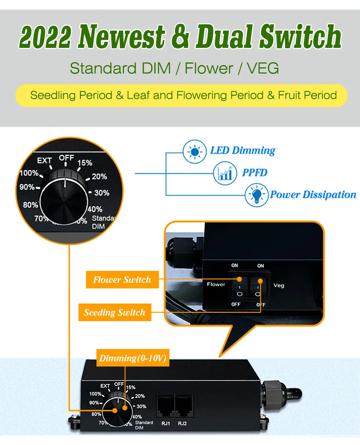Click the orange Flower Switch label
(122, 280)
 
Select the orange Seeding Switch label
(114, 313)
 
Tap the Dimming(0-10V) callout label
(133, 358)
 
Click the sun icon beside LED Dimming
(195, 152)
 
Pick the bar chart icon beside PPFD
(225, 174)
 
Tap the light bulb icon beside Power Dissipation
(256, 195)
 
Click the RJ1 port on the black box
(166, 406)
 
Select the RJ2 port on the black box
(183, 406)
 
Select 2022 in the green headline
(45, 37)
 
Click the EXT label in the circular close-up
(45, 161)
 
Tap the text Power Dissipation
(313, 195)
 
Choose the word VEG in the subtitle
(263, 68)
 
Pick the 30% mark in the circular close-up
(102, 193)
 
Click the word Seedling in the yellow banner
(53, 95)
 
